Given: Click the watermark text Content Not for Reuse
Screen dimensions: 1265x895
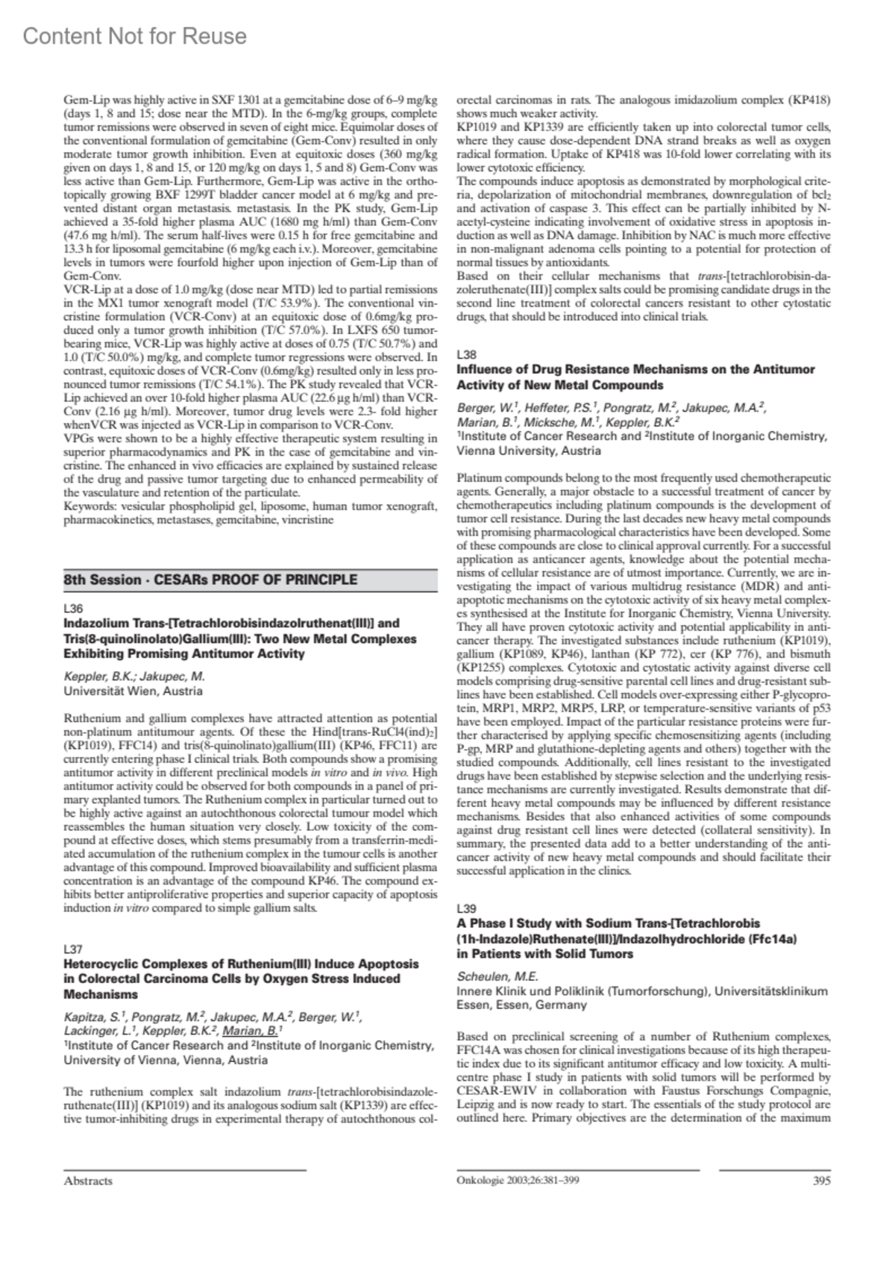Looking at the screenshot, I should point(135,36).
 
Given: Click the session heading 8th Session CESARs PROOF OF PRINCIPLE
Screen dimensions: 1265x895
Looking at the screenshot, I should point(210,580).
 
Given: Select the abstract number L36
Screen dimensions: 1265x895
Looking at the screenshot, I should point(73,609).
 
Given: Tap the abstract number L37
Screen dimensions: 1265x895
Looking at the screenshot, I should point(73,949).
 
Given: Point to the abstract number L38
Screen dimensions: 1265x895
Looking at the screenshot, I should point(466,354).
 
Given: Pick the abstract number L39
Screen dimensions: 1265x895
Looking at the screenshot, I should point(466,908).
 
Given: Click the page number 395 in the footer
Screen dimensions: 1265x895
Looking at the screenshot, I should point(820,1180).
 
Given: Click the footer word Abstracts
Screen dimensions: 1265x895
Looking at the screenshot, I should point(88,1181).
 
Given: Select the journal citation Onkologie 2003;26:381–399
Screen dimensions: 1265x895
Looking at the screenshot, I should point(518,1180).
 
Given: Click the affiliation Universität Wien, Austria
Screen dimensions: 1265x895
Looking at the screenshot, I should point(133,691).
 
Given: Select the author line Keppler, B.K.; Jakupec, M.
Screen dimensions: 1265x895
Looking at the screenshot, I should point(134,677).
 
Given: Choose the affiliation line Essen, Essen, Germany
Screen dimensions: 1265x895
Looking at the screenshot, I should point(521,1005).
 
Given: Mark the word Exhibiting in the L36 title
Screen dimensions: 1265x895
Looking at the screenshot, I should point(92,653).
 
